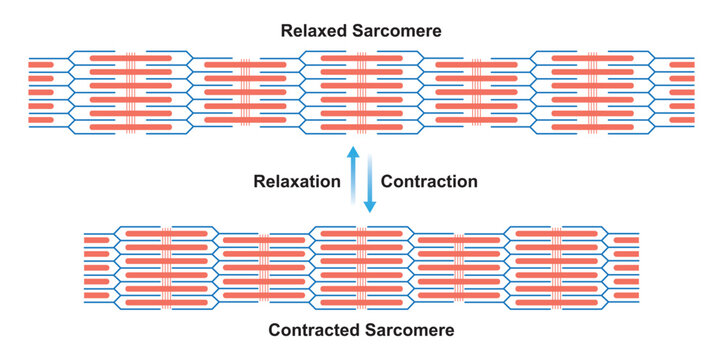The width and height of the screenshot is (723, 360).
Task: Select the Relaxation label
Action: coord(297,182)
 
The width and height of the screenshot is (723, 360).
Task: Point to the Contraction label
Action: coord(430,182)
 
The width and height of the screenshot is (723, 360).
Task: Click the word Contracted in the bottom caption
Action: coord(311,329)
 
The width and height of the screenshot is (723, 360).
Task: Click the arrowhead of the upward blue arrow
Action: coord(352,151)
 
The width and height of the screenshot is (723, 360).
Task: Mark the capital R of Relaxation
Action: coord(259,182)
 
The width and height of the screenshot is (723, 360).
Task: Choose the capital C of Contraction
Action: coord(388,182)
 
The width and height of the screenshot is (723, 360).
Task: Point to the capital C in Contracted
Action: coord(274,329)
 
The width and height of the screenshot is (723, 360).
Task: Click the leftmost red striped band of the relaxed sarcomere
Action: coord(130,92)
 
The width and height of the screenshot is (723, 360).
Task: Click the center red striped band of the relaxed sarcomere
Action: coord(361,92)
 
